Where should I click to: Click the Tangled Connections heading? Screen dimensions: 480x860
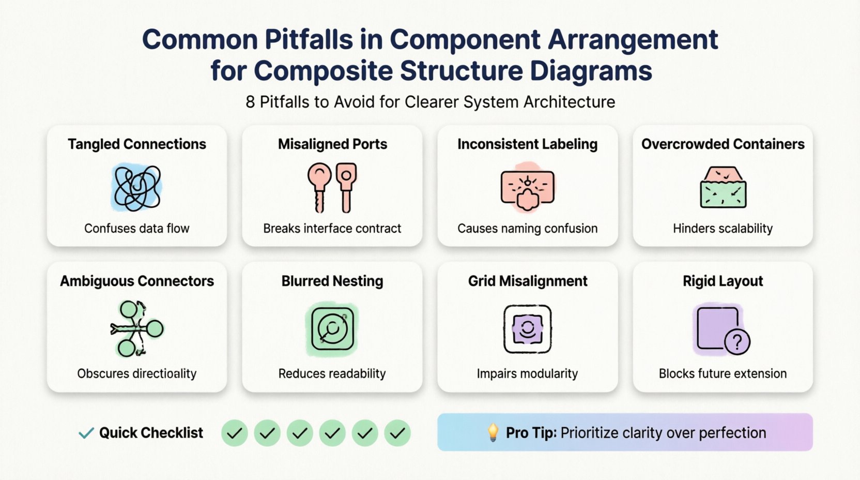click(136, 144)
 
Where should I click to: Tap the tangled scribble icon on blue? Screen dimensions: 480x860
click(136, 187)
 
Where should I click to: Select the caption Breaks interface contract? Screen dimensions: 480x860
click(332, 229)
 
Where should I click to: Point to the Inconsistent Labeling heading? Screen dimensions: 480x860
click(527, 144)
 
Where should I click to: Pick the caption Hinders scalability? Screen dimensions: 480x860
click(723, 229)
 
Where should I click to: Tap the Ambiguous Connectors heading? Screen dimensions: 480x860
click(136, 281)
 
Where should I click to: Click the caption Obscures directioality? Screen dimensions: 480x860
click(136, 373)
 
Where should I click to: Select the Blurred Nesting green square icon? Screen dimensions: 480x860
click(332, 329)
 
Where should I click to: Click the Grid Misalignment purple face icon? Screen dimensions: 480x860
click(527, 329)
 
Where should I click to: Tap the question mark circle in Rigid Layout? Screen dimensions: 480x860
click(737, 342)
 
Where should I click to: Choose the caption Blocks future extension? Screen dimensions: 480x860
click(723, 373)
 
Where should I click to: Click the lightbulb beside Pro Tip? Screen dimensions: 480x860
click(493, 432)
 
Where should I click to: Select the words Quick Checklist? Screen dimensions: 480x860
click(151, 433)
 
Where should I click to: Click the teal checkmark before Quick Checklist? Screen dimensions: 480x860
click(86, 433)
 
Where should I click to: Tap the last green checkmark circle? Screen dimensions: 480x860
click(397, 433)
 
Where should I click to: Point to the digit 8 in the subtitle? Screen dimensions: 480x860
click(250, 102)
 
